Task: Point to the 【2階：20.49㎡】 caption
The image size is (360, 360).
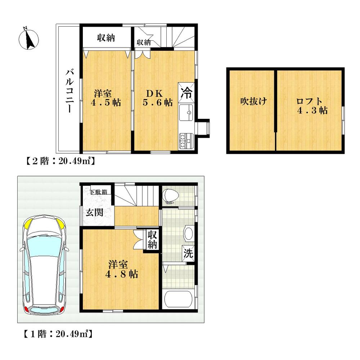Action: point(60,162)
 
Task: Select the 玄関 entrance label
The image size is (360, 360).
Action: point(94,212)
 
